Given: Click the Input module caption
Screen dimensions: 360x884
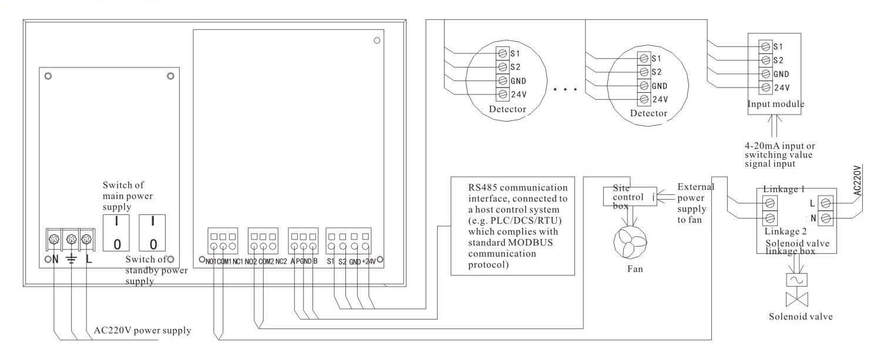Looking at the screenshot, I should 775,104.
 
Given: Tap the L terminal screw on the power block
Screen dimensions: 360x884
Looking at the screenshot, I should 87,239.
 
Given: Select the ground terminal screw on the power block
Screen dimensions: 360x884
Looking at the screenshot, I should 71,239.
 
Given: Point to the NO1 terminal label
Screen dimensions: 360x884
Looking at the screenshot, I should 209,261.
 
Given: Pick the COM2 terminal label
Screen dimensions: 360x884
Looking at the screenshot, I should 264,261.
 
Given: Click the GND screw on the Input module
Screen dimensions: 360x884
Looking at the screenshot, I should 765,73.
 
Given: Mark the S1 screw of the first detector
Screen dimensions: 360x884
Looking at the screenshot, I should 503,53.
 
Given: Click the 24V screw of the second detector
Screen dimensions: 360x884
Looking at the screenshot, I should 644,99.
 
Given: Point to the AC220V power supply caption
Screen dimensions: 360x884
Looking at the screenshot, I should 142,329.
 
